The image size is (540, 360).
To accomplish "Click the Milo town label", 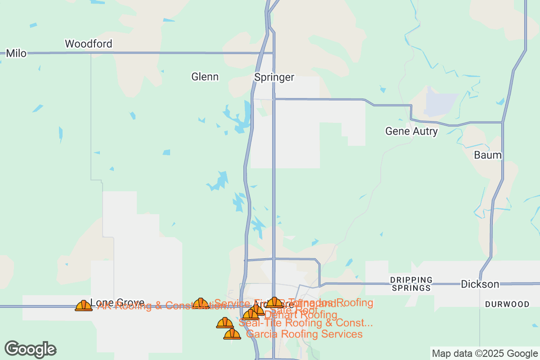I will (16, 54).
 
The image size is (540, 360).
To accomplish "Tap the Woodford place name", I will (88, 44).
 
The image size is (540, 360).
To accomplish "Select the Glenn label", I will (205, 77).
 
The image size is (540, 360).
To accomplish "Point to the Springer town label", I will (274, 77).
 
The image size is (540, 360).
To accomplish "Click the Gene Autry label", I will (411, 131).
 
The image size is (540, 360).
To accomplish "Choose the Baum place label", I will (487, 155).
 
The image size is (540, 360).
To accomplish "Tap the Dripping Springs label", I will (411, 283).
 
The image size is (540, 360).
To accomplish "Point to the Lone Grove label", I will (117, 302).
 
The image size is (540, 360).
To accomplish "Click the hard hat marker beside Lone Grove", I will (84, 306).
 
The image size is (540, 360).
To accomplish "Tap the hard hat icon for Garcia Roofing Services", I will (232, 334).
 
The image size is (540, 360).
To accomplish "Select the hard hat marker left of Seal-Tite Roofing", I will (225, 323).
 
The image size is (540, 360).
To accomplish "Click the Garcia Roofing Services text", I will (305, 334).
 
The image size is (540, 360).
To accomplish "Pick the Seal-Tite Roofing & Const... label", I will (306, 323).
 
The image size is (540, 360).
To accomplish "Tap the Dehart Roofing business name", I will (301, 315).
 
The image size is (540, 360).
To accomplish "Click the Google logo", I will (31, 349).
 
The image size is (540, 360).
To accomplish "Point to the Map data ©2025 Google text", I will (485, 353).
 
